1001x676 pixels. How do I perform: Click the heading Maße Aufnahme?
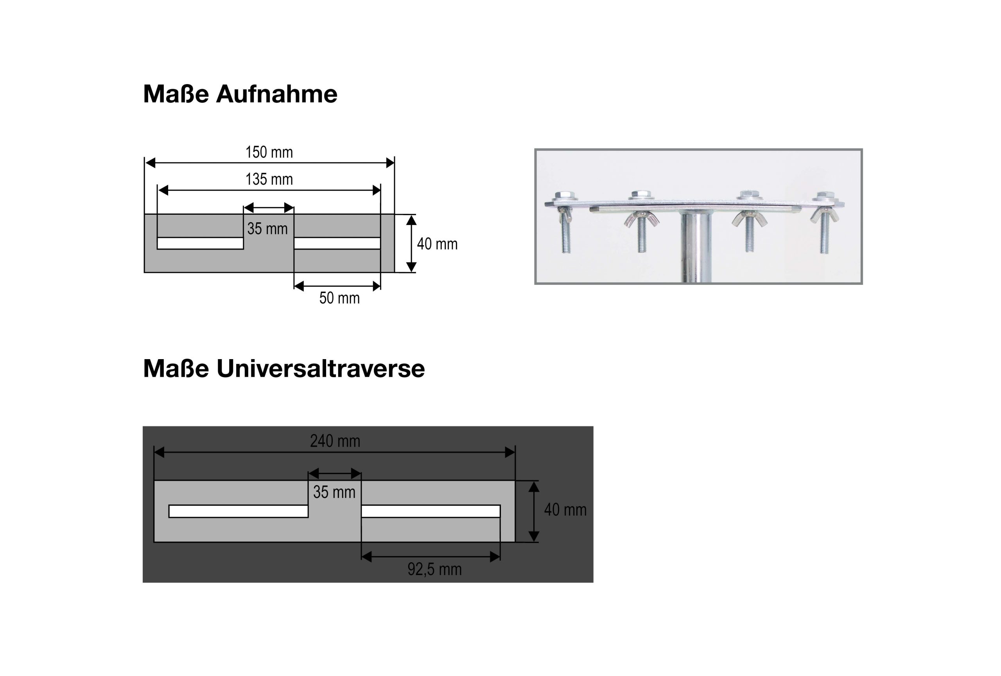pyautogui.click(x=240, y=94)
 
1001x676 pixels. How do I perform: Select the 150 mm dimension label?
pyautogui.click(x=269, y=152)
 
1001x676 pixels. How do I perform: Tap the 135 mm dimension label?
pyautogui.click(x=269, y=179)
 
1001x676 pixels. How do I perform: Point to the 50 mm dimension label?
pyautogui.click(x=339, y=298)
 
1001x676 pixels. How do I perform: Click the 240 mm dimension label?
pyautogui.click(x=335, y=441)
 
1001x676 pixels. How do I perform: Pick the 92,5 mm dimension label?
pyautogui.click(x=434, y=569)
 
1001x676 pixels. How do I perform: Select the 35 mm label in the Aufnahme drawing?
pyautogui.click(x=267, y=229)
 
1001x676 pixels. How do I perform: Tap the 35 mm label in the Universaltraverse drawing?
pyautogui.click(x=334, y=492)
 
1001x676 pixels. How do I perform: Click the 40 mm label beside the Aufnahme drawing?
pyautogui.click(x=437, y=244)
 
